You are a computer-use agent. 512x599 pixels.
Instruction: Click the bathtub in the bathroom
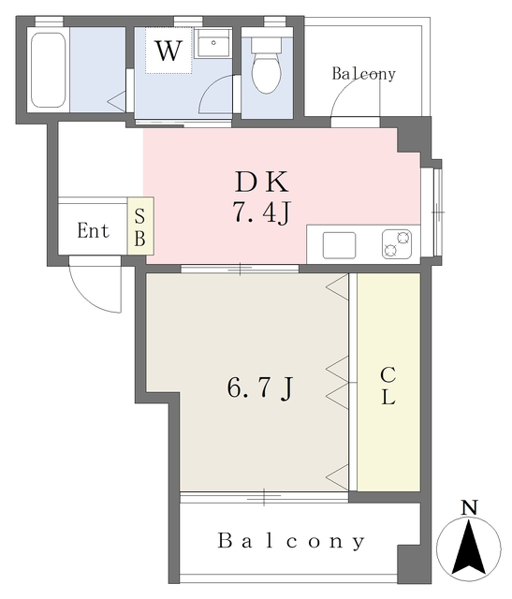pyautogui.click(x=48, y=70)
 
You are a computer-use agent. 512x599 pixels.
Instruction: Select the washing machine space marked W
pyautogui.click(x=168, y=50)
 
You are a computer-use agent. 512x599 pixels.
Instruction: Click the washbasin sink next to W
pyautogui.click(x=212, y=44)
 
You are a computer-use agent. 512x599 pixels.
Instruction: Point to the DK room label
pyautogui.click(x=262, y=183)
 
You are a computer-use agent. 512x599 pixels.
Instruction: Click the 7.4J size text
pyautogui.click(x=262, y=212)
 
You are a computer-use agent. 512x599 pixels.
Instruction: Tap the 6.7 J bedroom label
pyautogui.click(x=260, y=388)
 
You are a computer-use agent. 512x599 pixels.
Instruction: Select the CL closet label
pyautogui.click(x=388, y=386)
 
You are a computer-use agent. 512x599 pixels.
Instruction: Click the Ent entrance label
pyautogui.click(x=94, y=230)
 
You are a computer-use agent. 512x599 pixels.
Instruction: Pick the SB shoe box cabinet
pyautogui.click(x=140, y=226)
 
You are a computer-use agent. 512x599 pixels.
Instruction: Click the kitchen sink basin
pyautogui.click(x=339, y=245)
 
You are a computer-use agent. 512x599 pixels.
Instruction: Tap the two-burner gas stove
pyautogui.click(x=397, y=244)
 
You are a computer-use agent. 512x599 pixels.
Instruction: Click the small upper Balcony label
pyautogui.click(x=363, y=74)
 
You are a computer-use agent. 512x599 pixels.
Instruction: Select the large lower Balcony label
pyautogui.click(x=291, y=541)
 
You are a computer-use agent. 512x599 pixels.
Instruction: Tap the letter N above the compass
pyautogui.click(x=470, y=507)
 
